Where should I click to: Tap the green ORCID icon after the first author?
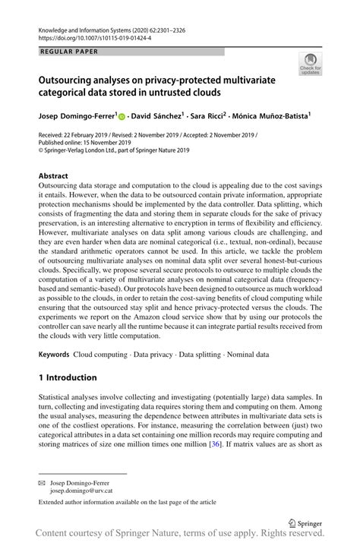coord(122,117)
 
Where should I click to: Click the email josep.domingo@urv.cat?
coord(84,491)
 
